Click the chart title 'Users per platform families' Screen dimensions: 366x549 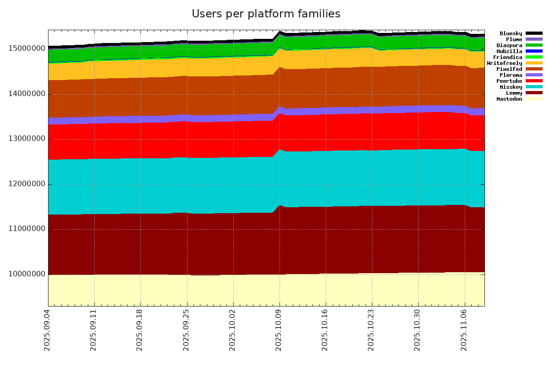coord(266,14)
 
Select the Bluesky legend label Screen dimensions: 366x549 coord(511,33)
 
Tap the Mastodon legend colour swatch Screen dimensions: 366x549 coord(534,99)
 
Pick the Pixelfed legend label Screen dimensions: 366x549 coord(509,69)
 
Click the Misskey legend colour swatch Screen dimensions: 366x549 coord(534,87)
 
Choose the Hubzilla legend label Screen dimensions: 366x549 coord(509,51)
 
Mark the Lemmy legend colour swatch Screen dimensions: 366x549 coord(534,93)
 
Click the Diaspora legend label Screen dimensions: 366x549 coord(509,45)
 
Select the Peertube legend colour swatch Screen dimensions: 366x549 coord(534,81)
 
